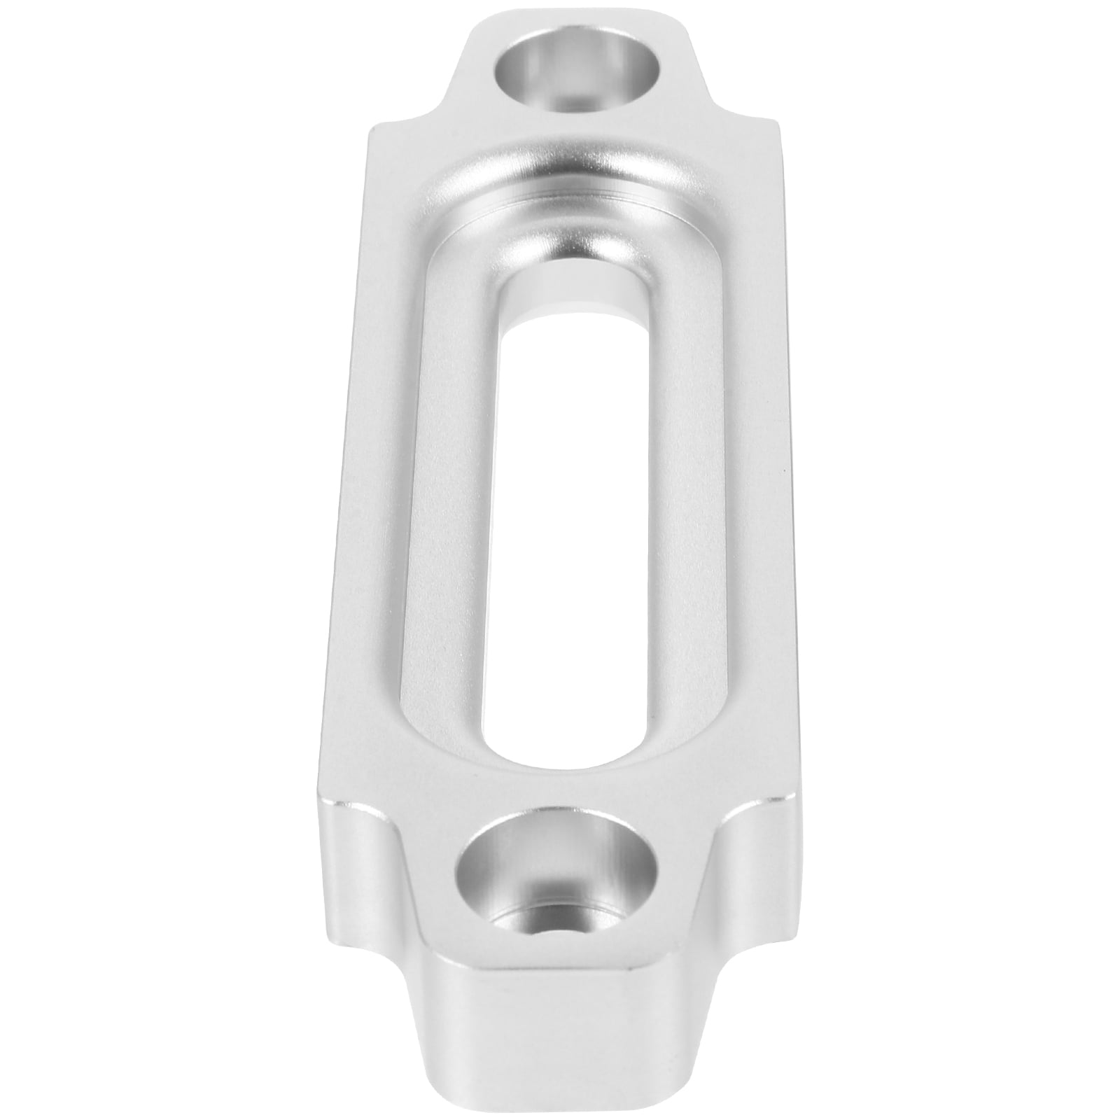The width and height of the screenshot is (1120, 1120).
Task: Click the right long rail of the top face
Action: tap(742, 490)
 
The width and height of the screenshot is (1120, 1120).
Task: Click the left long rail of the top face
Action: tap(392, 490)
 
